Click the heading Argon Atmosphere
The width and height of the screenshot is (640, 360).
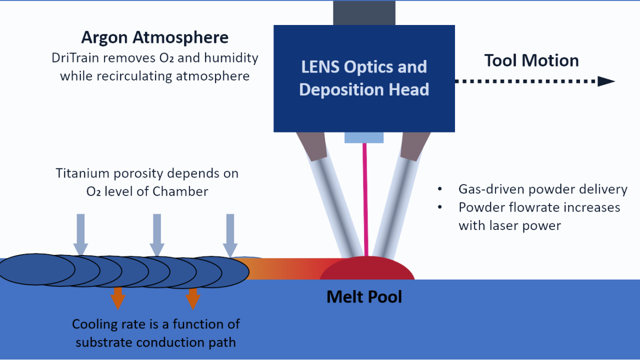pos(155,37)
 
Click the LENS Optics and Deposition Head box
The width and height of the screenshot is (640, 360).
pos(364,78)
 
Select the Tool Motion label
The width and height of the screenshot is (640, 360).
pos(531,60)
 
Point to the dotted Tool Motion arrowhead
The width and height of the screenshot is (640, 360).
pos(606,81)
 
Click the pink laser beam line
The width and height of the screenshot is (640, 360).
pos(366,200)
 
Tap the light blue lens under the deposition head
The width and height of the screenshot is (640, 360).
pos(364,137)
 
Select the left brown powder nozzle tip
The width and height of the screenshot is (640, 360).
pos(311,146)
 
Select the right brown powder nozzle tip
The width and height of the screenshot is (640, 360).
pos(416,146)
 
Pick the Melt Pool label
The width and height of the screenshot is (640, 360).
pos(364,297)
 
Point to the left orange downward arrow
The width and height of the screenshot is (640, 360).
pos(118,298)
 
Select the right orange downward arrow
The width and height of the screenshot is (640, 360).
pos(193,298)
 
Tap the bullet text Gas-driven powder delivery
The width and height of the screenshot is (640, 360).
pos(542,189)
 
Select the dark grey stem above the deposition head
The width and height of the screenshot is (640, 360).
pos(364,13)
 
